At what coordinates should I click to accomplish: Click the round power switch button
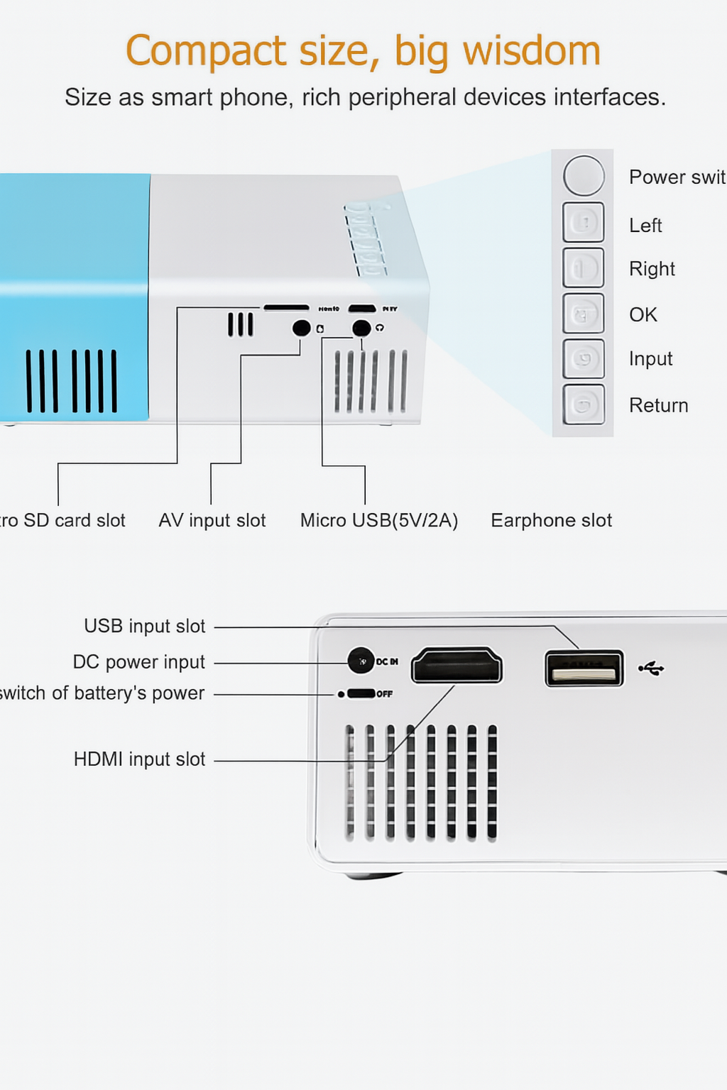click(x=584, y=176)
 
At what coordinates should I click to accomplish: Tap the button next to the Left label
click(x=584, y=223)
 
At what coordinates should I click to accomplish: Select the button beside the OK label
click(x=584, y=314)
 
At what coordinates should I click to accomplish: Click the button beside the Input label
click(x=584, y=359)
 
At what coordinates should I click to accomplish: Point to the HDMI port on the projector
click(x=457, y=666)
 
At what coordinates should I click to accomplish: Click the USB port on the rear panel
click(x=584, y=668)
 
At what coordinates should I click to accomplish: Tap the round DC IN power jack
click(x=361, y=661)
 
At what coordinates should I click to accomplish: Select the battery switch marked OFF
click(x=361, y=693)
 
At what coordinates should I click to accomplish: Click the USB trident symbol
click(x=651, y=668)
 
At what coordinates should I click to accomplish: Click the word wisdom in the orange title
click(x=531, y=51)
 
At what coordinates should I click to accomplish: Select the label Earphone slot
click(x=551, y=520)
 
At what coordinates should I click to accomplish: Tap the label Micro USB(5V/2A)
click(x=378, y=520)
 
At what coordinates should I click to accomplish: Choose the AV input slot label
click(x=212, y=520)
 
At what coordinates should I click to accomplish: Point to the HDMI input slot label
click(x=139, y=759)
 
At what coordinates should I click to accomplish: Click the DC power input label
click(x=138, y=662)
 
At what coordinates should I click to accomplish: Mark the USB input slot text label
click(x=144, y=626)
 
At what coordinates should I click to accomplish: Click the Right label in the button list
click(x=651, y=269)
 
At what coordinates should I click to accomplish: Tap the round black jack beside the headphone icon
click(x=361, y=328)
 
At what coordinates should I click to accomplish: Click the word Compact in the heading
click(x=206, y=51)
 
